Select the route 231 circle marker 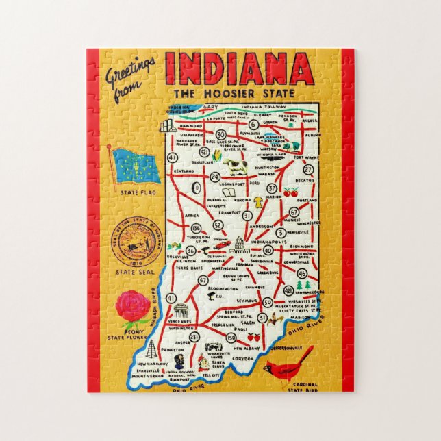[194, 337]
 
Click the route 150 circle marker [231, 337]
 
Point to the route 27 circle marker [308, 170]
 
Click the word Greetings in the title [131, 71]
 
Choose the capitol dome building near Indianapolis [239, 244]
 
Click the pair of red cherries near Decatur [292, 192]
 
